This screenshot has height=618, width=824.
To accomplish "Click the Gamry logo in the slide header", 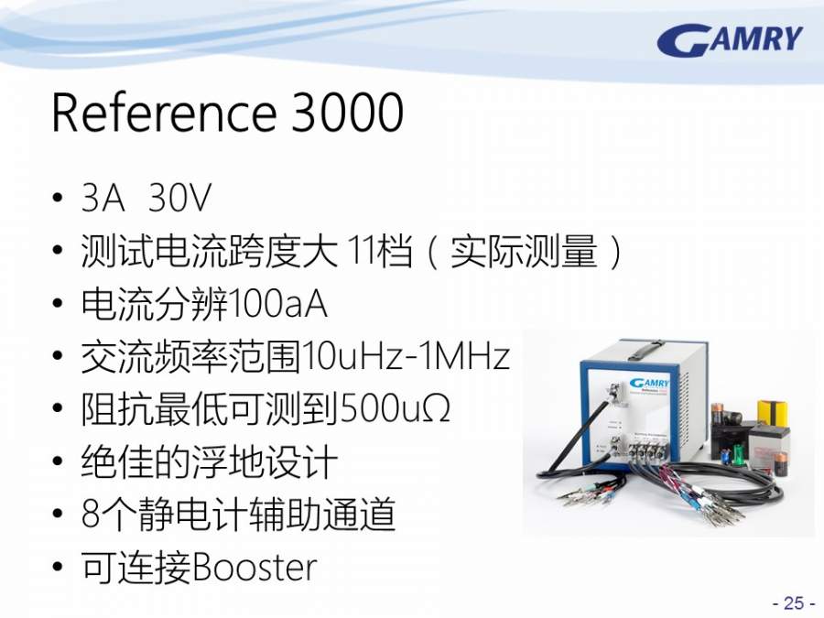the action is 730,40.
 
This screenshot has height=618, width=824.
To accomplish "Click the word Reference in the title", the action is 164,113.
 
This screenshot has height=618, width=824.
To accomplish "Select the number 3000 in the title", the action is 347,113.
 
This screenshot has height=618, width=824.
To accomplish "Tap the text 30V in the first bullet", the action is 179,198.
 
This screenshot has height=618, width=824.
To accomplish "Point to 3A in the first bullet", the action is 103,198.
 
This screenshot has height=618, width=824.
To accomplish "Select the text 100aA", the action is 278,304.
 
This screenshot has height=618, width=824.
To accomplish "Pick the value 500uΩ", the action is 395,409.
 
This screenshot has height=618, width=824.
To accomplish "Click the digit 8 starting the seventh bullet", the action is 91,514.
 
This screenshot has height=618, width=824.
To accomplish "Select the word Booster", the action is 255,567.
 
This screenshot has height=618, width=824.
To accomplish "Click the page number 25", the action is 794,602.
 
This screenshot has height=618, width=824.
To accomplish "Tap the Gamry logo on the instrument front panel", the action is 649,383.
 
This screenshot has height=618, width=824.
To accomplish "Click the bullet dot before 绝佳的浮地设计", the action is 58,461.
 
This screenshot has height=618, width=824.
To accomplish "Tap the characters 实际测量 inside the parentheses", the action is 524,251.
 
